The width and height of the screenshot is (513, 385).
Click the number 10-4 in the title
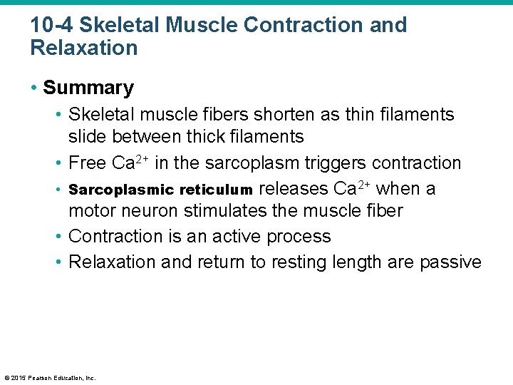(51, 25)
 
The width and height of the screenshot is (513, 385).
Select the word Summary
(88, 88)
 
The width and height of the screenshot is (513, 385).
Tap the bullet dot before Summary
(34, 88)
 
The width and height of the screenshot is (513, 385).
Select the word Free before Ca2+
(88, 163)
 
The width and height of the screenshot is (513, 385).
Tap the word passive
(450, 262)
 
